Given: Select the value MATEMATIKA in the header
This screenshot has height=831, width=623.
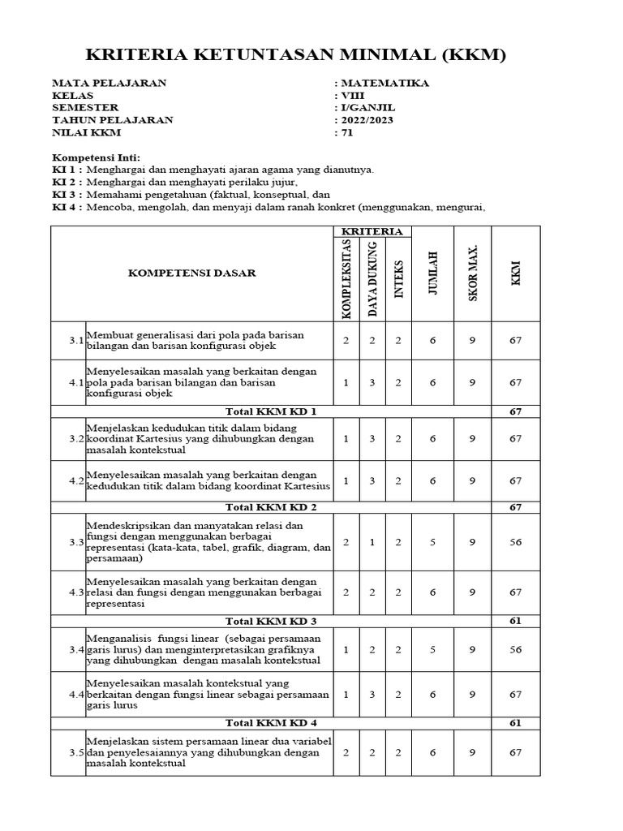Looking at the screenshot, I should [385, 83].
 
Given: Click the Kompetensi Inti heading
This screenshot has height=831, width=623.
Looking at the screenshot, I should [97, 157].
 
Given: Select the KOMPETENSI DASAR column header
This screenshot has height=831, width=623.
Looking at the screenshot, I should [191, 273].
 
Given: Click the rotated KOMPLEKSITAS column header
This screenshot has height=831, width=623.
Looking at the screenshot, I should [346, 278].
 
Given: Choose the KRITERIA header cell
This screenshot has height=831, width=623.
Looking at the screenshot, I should [372, 231].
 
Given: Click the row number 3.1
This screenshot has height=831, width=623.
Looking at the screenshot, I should [76, 340].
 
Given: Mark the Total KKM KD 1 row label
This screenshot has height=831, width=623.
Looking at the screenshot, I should [270, 411].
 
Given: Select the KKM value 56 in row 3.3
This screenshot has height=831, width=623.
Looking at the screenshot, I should [515, 542].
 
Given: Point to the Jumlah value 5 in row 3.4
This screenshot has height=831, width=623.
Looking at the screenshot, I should [432, 649].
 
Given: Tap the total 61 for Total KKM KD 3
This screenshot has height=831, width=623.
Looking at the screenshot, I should [515, 621].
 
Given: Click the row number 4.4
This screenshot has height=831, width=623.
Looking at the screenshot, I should [76, 695].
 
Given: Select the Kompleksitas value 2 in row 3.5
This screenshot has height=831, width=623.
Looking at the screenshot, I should [346, 752].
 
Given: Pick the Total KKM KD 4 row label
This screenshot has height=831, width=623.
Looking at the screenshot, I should [270, 722].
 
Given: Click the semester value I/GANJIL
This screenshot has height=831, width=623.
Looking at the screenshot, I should [368, 107].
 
